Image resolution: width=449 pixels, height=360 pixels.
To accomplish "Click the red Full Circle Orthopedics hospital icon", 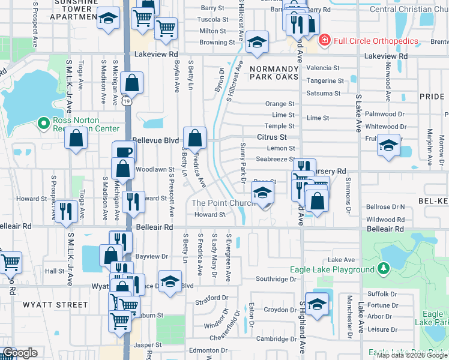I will [x=325, y=40].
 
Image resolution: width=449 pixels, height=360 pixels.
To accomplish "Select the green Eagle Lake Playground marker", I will [x=383, y=269].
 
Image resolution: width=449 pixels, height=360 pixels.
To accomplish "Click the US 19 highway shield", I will [x=127, y=102].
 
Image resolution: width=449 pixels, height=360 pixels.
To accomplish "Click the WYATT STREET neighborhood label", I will [x=55, y=305].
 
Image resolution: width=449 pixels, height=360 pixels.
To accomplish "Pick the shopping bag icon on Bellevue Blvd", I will [x=195, y=139].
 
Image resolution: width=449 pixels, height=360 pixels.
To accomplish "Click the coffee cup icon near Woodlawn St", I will [x=124, y=152].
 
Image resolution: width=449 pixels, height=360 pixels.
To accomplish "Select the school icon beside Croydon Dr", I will [x=317, y=304].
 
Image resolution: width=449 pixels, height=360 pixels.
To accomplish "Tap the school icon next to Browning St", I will [x=256, y=42].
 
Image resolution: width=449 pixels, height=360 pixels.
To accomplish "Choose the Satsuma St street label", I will [x=324, y=94].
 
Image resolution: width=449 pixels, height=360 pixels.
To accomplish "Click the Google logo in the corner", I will [x=20, y=353].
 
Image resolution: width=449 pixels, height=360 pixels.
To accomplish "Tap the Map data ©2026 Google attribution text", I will [x=412, y=355].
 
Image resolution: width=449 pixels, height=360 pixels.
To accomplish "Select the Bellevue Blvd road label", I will [x=159, y=140].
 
